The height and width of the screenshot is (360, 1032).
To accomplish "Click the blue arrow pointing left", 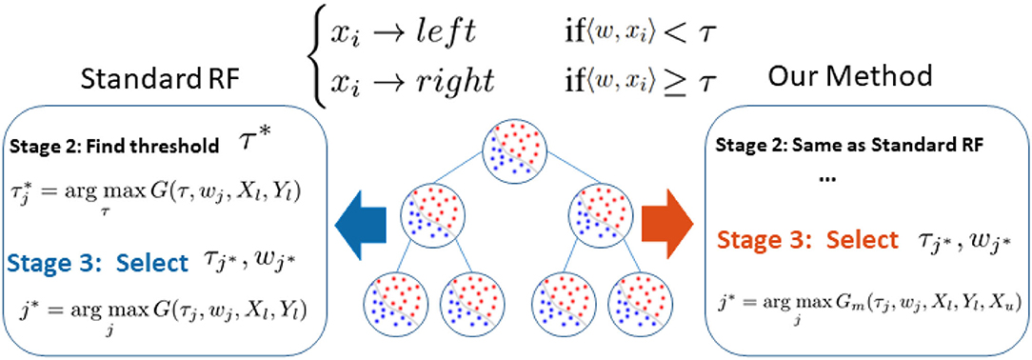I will (361, 222).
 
